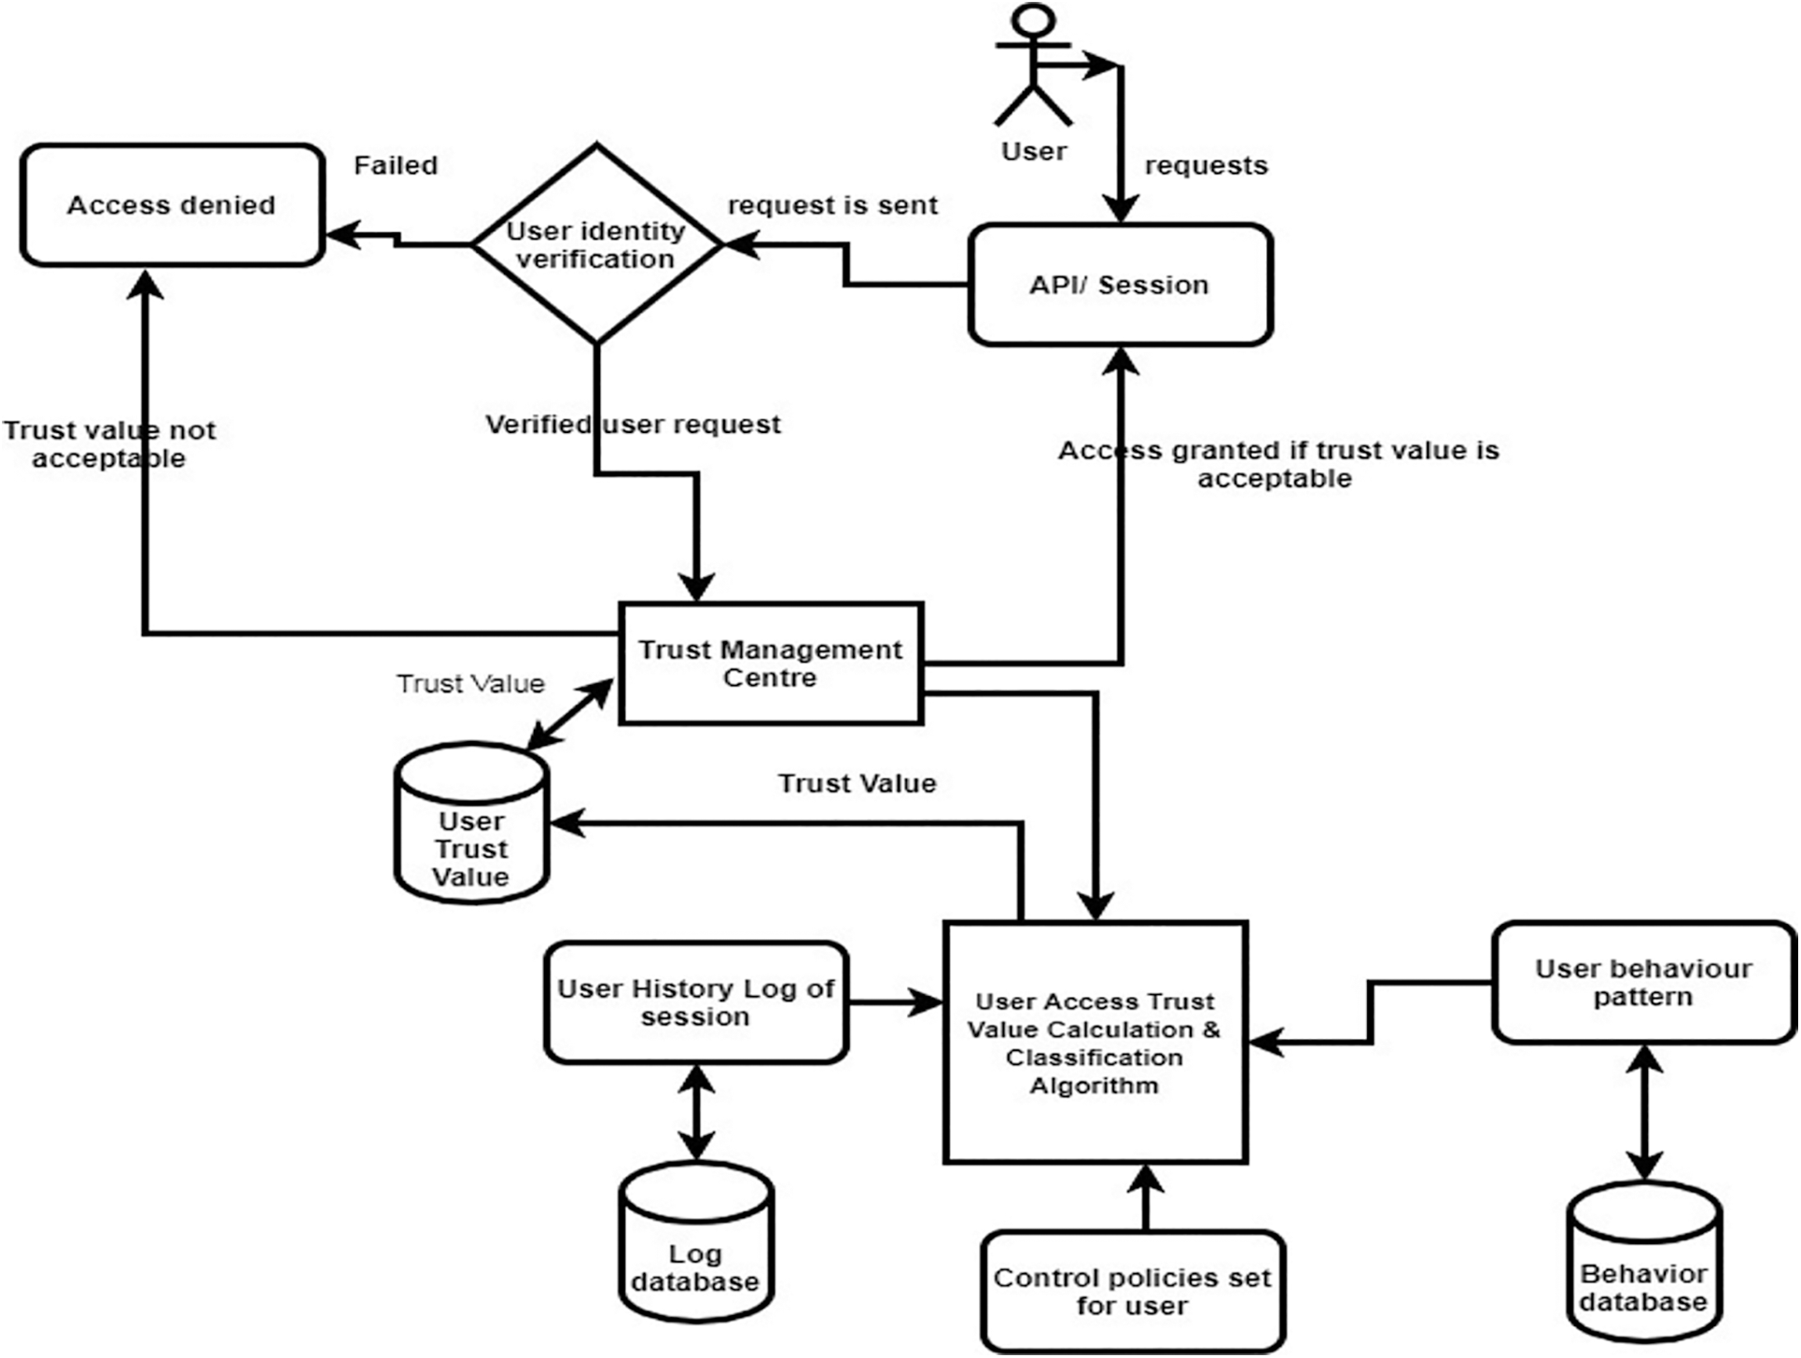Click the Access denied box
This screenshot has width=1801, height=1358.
(x=173, y=205)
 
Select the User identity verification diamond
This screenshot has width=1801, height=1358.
(x=596, y=245)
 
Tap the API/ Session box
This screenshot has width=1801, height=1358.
(x=1120, y=285)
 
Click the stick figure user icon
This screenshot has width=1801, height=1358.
(x=1033, y=65)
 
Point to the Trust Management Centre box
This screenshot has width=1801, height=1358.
(x=771, y=664)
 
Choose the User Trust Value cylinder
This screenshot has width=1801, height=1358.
(x=471, y=835)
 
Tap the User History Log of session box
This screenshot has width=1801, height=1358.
(x=696, y=1002)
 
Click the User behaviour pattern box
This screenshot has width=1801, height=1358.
(x=1643, y=983)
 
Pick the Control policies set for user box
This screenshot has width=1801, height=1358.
(x=1133, y=1292)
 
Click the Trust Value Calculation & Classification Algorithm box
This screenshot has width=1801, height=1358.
(x=1096, y=1043)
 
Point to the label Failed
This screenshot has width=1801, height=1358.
(x=396, y=165)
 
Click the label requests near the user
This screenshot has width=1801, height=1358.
(x=1206, y=165)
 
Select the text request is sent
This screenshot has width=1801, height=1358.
(x=832, y=205)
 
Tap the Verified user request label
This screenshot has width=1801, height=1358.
(x=633, y=425)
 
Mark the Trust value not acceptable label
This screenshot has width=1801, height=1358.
(x=109, y=444)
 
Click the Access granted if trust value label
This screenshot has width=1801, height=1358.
(x=1277, y=464)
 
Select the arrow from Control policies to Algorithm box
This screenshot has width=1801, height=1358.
(x=1145, y=1198)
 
